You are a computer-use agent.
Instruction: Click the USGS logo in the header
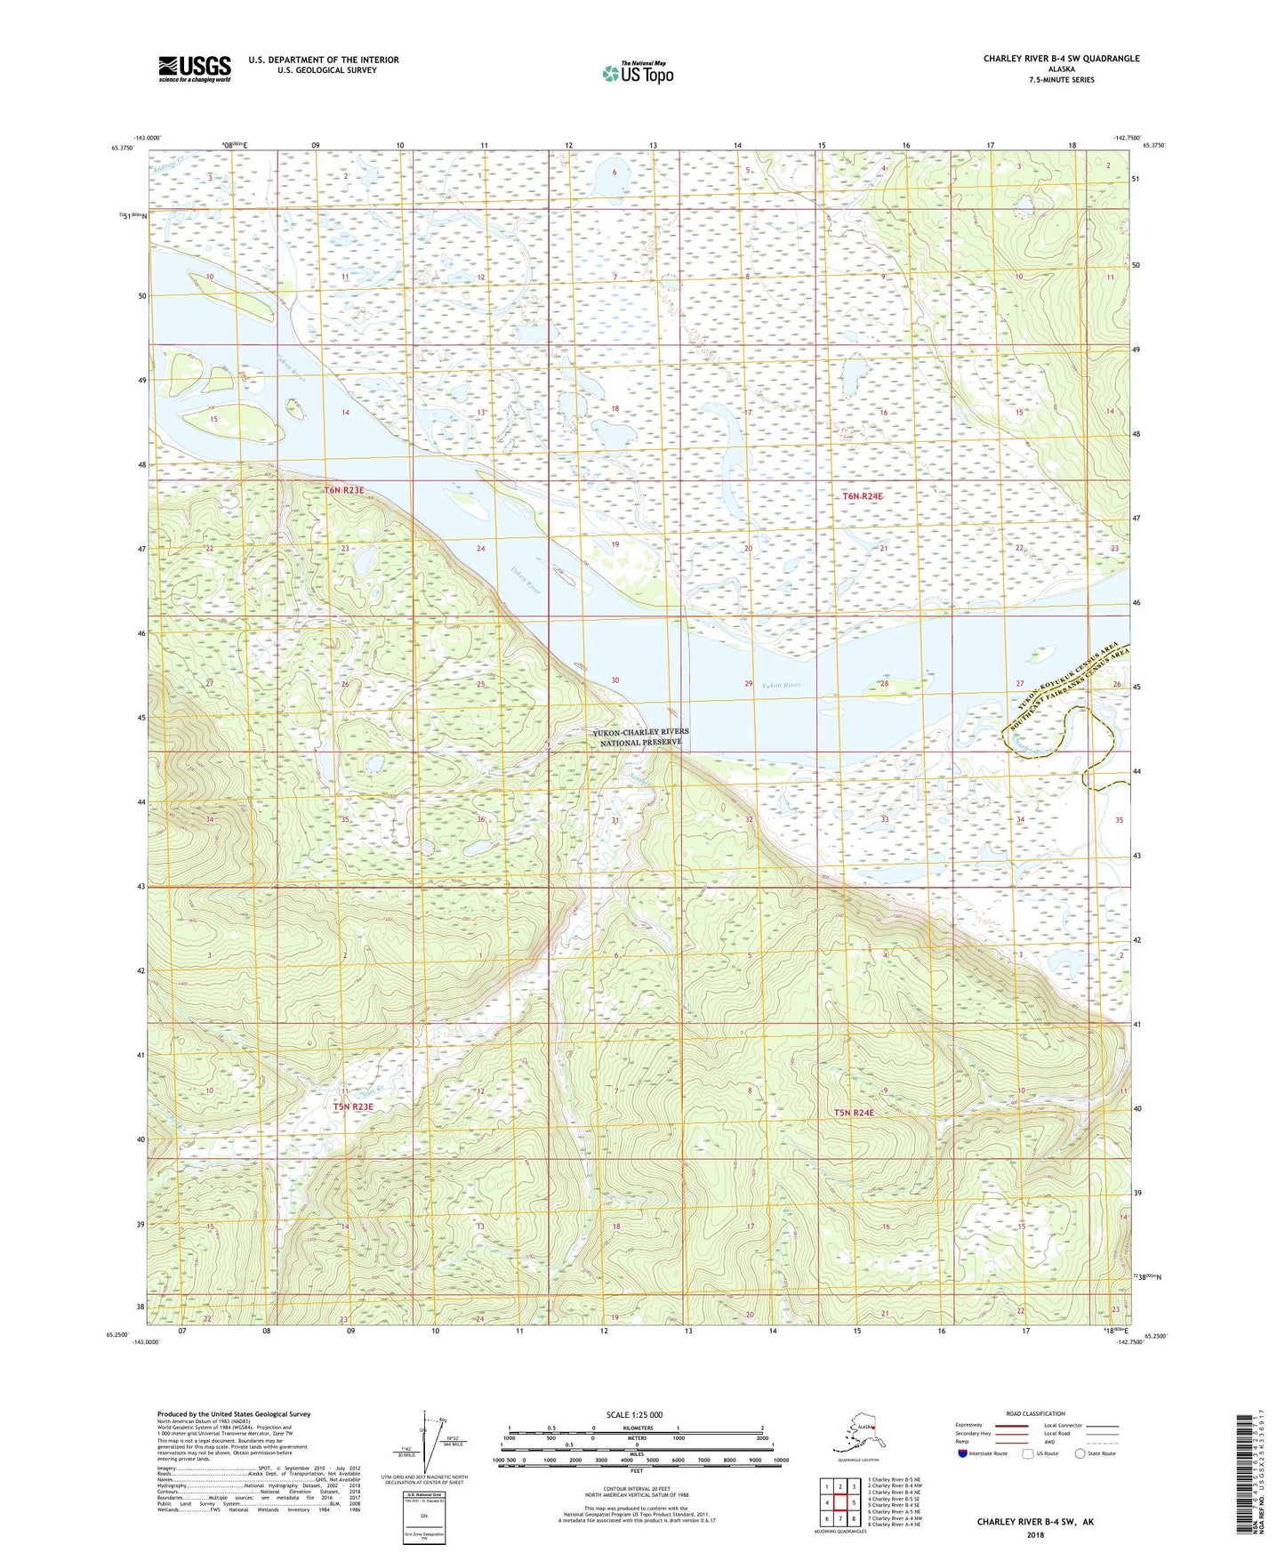pos(194,68)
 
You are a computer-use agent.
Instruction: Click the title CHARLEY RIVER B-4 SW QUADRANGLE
pos(1061,59)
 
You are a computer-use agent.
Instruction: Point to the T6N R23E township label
pos(344,490)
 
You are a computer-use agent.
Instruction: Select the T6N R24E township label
pos(863,496)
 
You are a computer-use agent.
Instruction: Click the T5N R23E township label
pos(353,1106)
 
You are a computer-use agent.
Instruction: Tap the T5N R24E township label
pos(854,1113)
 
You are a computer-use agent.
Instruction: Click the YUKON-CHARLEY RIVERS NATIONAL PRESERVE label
pos(640,736)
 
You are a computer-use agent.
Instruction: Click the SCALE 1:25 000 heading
pos(634,1414)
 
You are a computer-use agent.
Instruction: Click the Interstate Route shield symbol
pos(962,1453)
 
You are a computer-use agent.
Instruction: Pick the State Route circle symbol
pos(1080,1453)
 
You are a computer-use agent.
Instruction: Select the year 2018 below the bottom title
pos(1035,1534)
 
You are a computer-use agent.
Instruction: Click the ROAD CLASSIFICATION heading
pos(1035,1413)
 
